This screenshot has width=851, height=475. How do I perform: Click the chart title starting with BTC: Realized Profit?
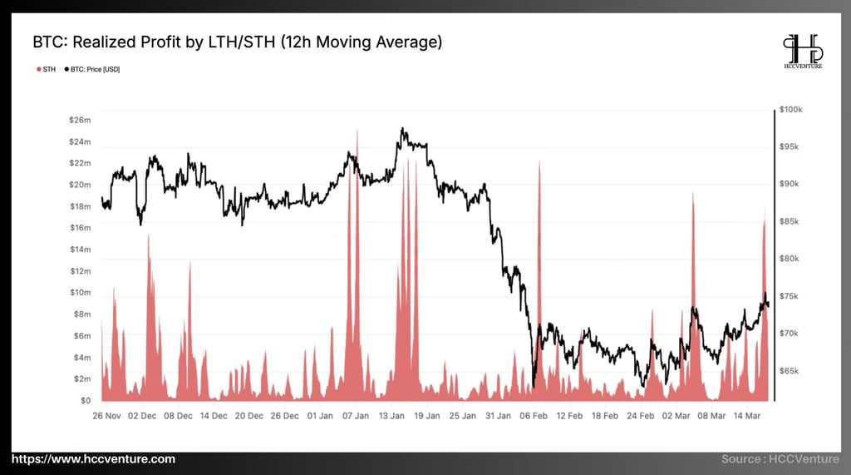(237, 41)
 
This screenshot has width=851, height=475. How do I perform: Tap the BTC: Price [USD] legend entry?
(92, 69)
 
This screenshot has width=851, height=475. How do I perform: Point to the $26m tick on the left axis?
(80, 121)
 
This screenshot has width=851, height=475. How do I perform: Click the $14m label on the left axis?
(80, 250)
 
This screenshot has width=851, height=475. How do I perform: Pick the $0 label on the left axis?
(85, 401)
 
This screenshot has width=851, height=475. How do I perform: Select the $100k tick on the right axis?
(790, 110)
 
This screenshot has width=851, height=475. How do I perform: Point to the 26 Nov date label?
(107, 415)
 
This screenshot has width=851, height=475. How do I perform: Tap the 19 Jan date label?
(428, 415)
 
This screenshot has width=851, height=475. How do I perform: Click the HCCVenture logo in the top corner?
(802, 51)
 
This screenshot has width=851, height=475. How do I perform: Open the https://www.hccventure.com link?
(93, 459)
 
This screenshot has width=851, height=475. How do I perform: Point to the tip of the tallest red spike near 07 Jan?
(357, 129)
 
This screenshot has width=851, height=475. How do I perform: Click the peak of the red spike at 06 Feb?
(539, 160)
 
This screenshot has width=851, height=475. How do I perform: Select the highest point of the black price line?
(402, 128)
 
